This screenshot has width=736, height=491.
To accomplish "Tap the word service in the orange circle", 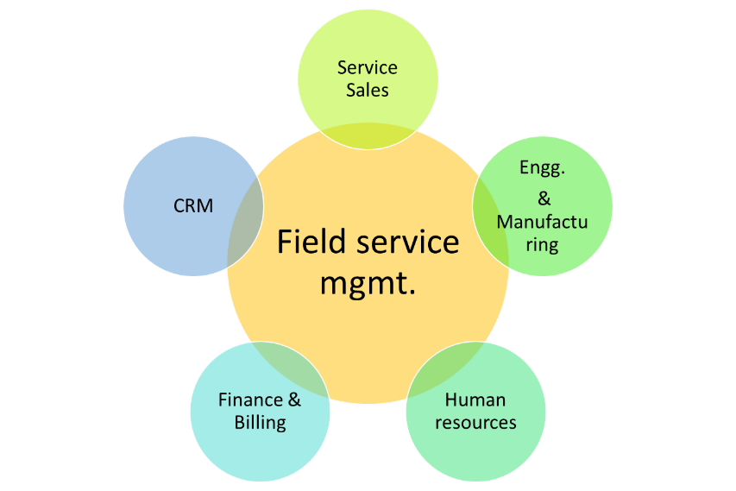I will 408,242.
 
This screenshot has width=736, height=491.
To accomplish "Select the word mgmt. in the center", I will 368,282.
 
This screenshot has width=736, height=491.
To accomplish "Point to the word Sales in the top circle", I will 368,90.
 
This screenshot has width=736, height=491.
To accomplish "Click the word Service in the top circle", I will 368,67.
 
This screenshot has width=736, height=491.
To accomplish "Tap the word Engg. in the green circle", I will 543,169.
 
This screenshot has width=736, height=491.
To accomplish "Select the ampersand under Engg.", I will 544,198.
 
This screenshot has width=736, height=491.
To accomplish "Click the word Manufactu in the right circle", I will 542,222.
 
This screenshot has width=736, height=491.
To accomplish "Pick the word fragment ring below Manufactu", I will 542,244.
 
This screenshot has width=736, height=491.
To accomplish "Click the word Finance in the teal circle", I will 250,400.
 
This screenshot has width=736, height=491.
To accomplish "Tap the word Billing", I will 260,422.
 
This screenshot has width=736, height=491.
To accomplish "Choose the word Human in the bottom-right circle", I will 475,400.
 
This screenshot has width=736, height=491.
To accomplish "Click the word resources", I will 475,422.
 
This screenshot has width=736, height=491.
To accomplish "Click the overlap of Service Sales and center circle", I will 368,135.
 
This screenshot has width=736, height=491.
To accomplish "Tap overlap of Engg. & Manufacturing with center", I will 489,211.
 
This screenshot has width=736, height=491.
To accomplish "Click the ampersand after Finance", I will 293,400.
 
